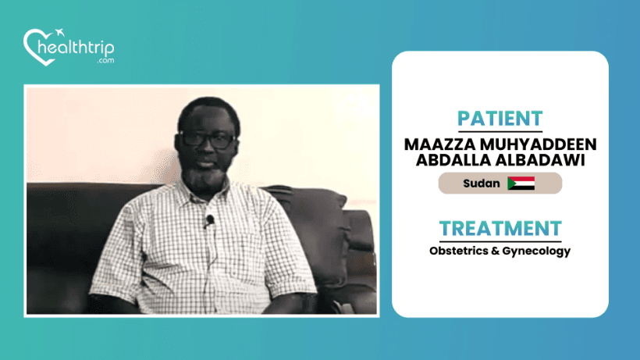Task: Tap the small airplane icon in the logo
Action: pyautogui.click(x=60, y=32)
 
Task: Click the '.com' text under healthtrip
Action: pyautogui.click(x=105, y=60)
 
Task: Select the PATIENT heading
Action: pyautogui.click(x=500, y=119)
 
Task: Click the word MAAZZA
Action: pyautogui.click(x=439, y=144)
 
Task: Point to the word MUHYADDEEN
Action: pyautogui.click(x=539, y=144)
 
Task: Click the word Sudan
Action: pyautogui.click(x=482, y=184)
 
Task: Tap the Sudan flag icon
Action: pyautogui.click(x=521, y=184)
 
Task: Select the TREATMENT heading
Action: pyautogui.click(x=500, y=229)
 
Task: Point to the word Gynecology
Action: pyautogui.click(x=536, y=251)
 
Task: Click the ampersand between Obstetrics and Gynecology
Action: pyautogui.click(x=495, y=251)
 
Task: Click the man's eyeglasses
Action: pyautogui.click(x=208, y=140)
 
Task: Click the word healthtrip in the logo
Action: pyautogui.click(x=76, y=48)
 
